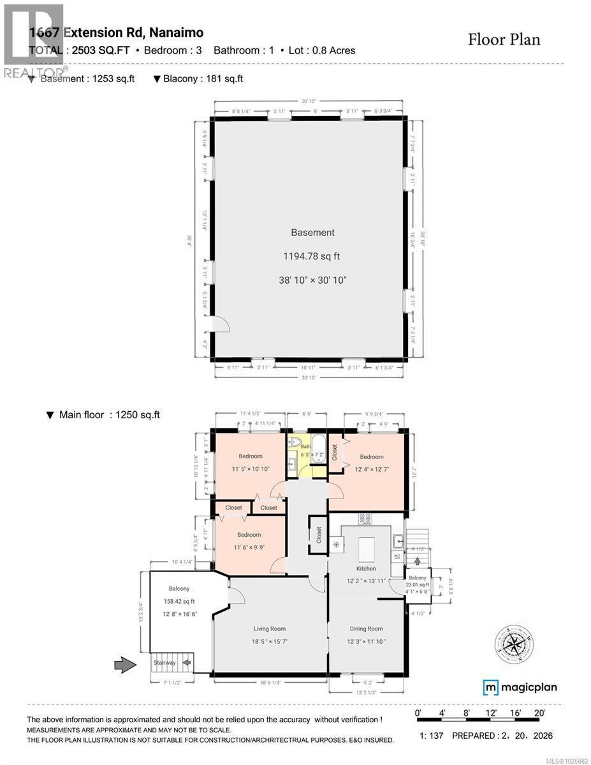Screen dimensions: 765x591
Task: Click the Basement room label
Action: pos(312,233)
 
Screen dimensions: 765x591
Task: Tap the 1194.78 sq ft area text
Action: pos(312,256)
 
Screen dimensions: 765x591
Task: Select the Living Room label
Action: pos(269,629)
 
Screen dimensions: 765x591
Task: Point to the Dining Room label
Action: pos(366,629)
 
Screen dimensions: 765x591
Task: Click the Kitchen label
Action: pos(366,568)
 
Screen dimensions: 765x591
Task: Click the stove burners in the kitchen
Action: pos(365,519)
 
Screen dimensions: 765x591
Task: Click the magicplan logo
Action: pos(520,687)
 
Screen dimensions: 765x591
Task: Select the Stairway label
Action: pos(164,663)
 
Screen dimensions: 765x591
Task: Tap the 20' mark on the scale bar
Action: pos(539,713)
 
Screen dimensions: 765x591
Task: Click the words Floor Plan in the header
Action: pos(504,40)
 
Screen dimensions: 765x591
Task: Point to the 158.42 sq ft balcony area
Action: pos(179,601)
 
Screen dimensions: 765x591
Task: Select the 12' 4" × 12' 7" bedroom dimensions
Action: pos(371,470)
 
